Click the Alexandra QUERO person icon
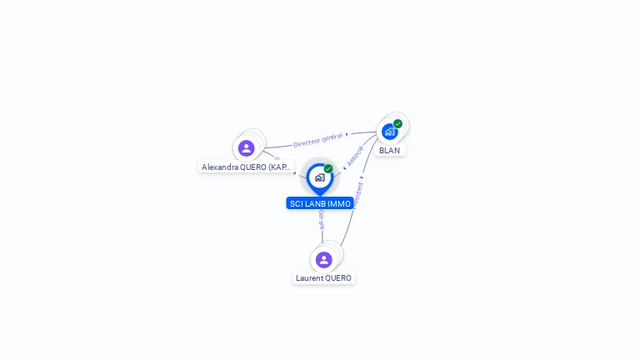click(246, 148)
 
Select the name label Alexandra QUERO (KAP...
click(247, 167)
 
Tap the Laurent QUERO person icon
click(324, 260)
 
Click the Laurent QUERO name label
click(323, 278)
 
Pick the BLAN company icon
click(389, 132)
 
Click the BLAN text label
click(389, 151)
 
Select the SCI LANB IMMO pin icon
click(319, 178)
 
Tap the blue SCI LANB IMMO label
click(320, 203)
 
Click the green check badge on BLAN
click(398, 123)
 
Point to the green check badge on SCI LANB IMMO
click(328, 168)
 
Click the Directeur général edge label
click(317, 138)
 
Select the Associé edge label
click(355, 156)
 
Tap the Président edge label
click(358, 194)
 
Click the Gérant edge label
click(322, 219)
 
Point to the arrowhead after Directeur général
click(347, 133)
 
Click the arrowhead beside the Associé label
click(345, 167)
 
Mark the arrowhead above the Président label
click(362, 177)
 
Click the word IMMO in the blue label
click(340, 203)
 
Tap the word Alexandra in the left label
click(218, 167)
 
